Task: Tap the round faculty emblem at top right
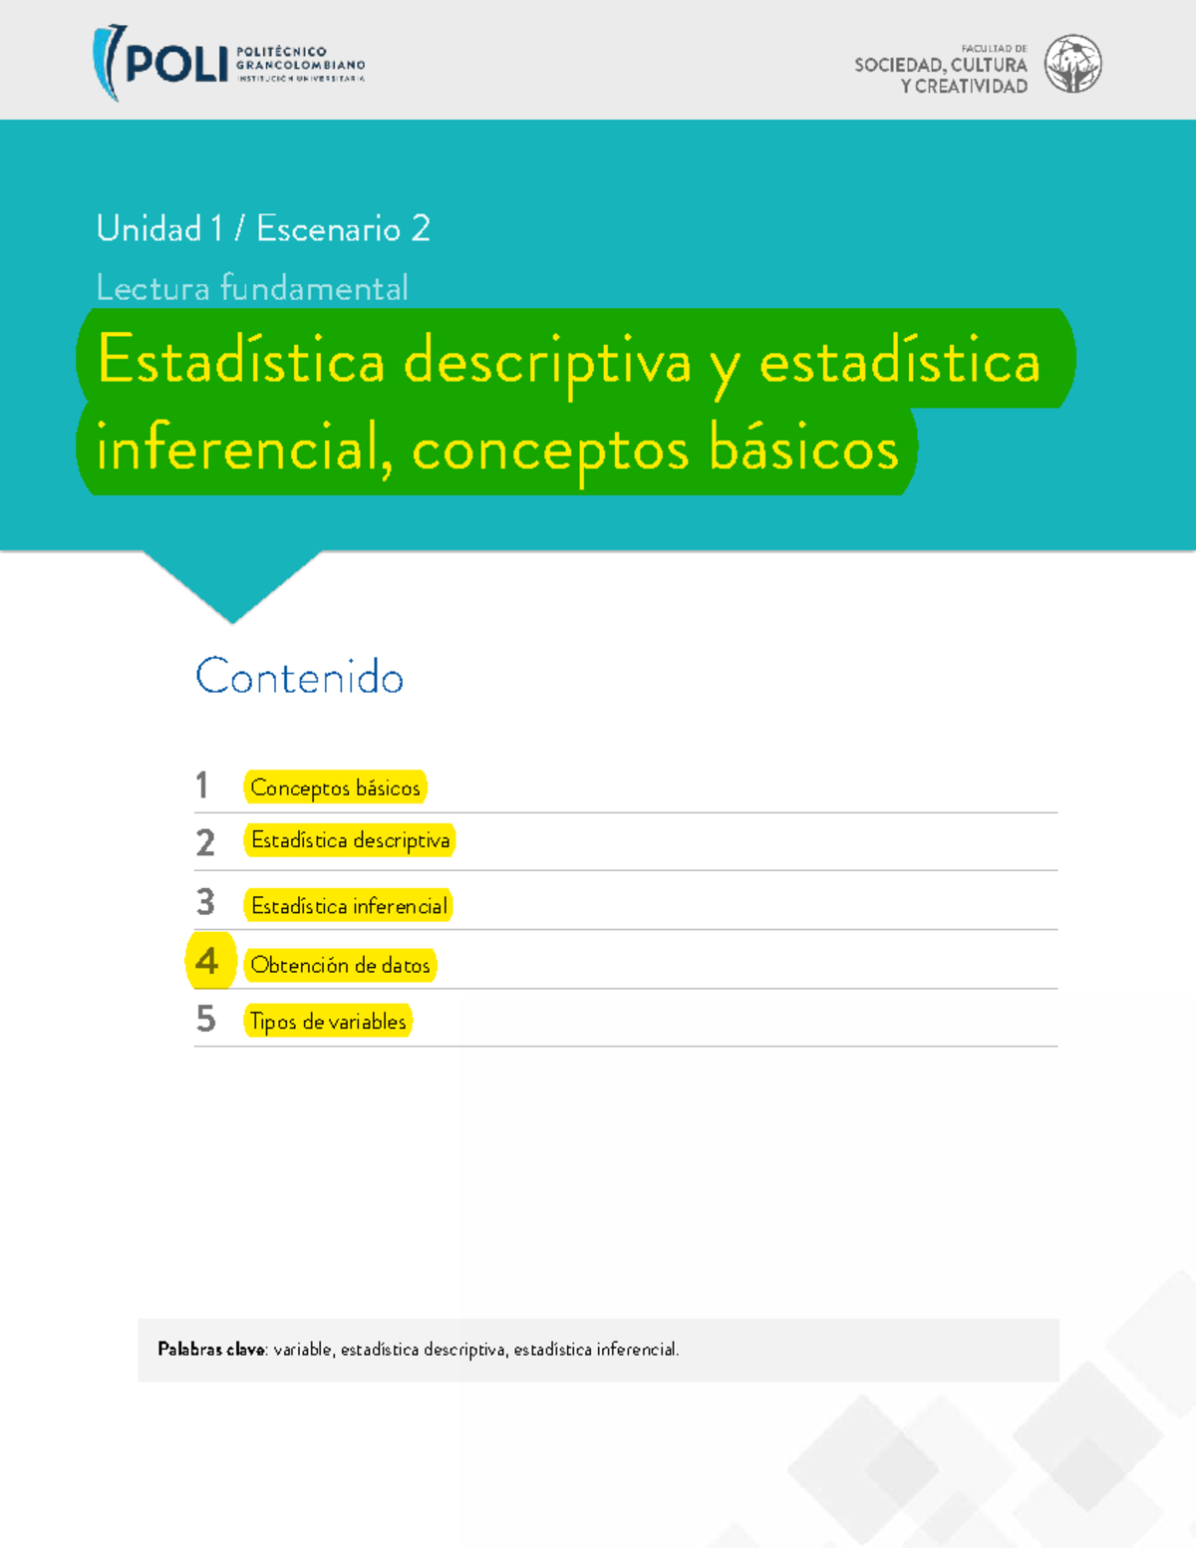[x=1072, y=64]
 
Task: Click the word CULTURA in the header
[x=989, y=66]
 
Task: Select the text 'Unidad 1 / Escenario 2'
[x=263, y=229]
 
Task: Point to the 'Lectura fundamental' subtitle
[x=252, y=288]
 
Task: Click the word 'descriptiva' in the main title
[x=547, y=362]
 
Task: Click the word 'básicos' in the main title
[x=803, y=449]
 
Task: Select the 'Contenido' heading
[x=300, y=678]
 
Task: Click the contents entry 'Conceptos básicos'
[x=335, y=787]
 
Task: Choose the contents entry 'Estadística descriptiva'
[x=350, y=840]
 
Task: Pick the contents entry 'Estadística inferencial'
[x=349, y=906]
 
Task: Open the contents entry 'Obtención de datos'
[x=340, y=965]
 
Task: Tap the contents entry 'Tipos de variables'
[x=328, y=1022]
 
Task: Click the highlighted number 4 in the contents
[x=207, y=961]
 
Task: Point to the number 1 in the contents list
[x=202, y=785]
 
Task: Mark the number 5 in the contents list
[x=205, y=1019]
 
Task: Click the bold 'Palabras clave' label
[x=211, y=1350]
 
